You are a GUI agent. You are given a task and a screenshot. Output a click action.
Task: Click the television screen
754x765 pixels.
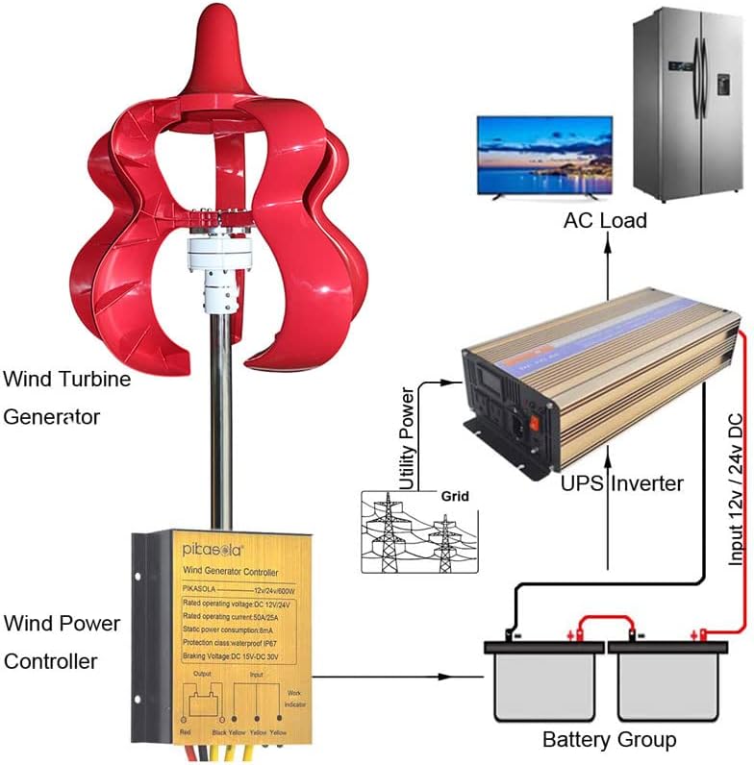tap(544, 156)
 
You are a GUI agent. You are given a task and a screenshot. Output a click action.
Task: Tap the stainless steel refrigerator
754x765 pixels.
tap(687, 106)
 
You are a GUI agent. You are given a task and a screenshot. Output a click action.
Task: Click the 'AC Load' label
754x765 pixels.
tap(605, 220)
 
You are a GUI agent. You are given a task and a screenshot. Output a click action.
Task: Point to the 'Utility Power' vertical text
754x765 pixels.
tap(407, 438)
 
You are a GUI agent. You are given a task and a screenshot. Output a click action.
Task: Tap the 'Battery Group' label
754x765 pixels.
tap(609, 740)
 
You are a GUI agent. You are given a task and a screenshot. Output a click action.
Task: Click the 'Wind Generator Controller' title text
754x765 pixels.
tap(231, 575)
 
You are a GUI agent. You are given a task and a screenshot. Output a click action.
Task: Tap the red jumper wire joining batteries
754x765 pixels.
tap(604, 624)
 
